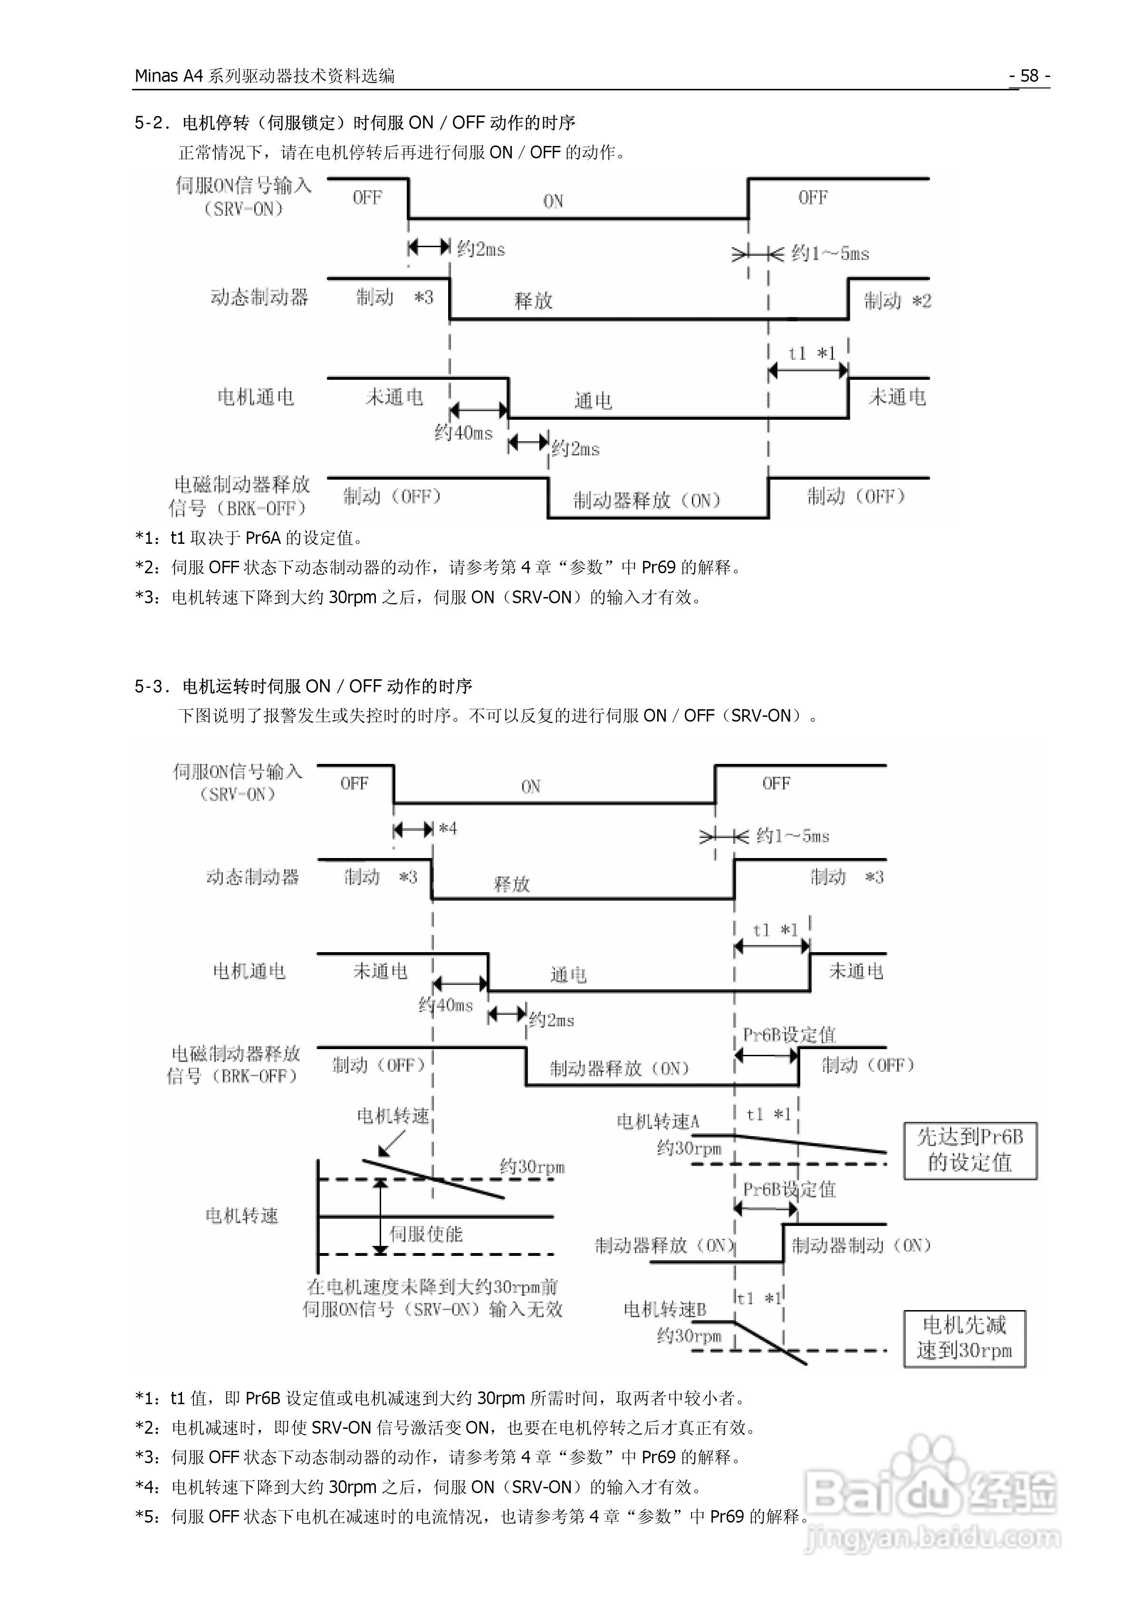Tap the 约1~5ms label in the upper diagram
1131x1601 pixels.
click(830, 253)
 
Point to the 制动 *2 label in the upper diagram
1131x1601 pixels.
click(897, 300)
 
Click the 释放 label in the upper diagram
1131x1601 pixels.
click(534, 300)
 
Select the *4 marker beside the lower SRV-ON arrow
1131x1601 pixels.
click(448, 829)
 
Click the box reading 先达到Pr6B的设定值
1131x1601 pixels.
click(970, 1150)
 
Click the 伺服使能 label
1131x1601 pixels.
click(425, 1234)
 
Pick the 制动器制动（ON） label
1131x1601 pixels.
click(861, 1244)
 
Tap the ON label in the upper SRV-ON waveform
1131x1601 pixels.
click(553, 202)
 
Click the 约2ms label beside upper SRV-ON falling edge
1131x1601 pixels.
click(481, 249)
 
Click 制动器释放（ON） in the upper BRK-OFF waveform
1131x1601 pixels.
click(646, 500)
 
